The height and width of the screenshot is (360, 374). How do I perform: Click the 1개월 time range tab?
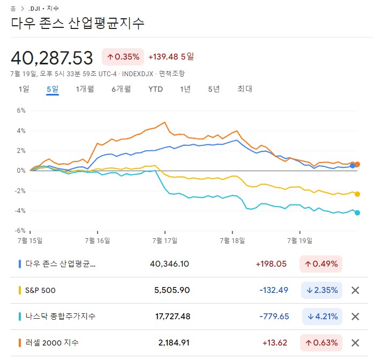pos(85,89)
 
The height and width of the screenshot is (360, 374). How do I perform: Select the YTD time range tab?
pos(155,89)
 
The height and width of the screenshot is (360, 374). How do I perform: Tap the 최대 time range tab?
pos(244,89)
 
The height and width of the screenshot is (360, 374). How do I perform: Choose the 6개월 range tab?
pos(121,89)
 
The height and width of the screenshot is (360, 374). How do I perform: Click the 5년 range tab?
pos(214,89)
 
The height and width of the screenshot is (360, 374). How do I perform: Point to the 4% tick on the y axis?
pos(21,130)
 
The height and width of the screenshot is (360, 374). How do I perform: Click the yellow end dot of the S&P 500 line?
pos(357,194)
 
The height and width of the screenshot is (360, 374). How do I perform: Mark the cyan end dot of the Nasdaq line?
pos(357,212)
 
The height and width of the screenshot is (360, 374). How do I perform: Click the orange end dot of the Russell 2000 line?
pos(357,164)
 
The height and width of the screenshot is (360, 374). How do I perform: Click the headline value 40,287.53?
pos(51,57)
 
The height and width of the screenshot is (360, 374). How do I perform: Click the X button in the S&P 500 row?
pos(355,290)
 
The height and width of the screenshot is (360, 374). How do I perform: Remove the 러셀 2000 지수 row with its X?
pos(355,343)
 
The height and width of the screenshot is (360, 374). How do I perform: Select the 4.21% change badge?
pos(321,317)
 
